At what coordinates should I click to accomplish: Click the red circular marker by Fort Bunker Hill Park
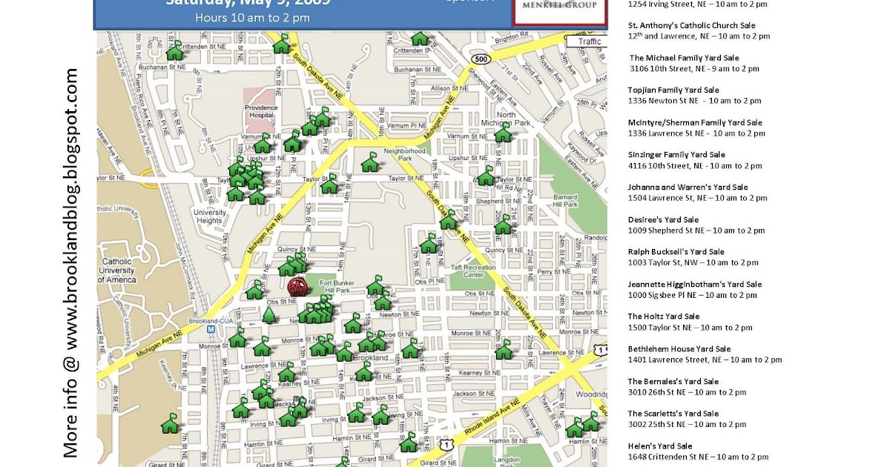(x=297, y=287)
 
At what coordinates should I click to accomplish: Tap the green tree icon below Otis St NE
(x=268, y=315)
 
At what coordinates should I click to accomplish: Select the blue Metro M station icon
(x=211, y=328)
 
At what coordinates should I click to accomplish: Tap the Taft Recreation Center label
(x=472, y=271)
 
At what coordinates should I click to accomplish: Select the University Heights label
(x=209, y=216)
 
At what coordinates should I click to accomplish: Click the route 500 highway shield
(x=481, y=59)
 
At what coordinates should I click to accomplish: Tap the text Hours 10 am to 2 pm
(x=252, y=18)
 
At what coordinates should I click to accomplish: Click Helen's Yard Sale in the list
(x=660, y=446)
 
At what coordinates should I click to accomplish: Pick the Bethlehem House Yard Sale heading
(x=679, y=349)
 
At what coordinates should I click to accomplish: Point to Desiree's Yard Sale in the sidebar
(x=663, y=219)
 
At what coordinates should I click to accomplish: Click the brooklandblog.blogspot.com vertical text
(x=71, y=263)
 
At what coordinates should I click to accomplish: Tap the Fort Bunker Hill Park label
(x=339, y=285)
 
